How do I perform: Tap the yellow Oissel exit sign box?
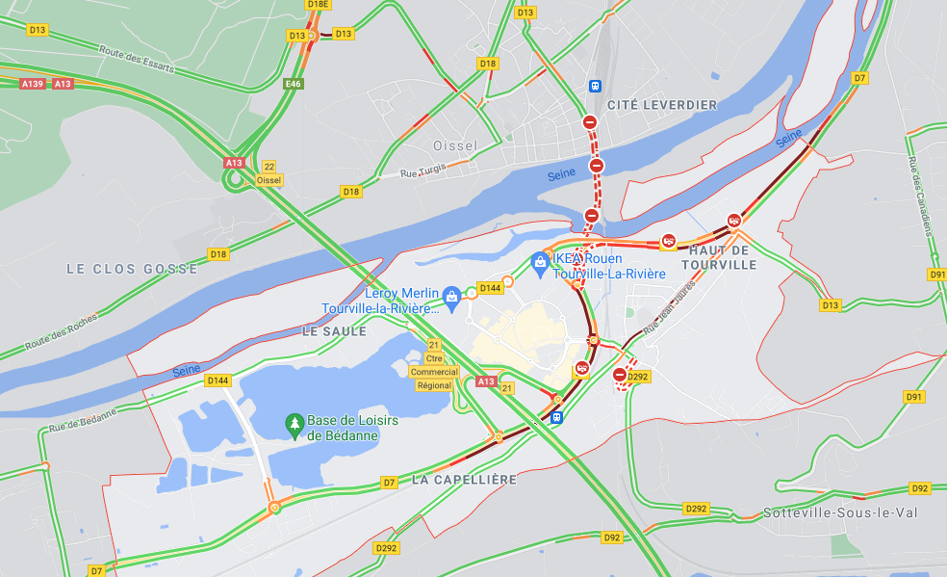point(269,180)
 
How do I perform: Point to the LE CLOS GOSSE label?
point(132,269)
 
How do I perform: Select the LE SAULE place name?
point(335,330)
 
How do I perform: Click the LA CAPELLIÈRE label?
point(464,479)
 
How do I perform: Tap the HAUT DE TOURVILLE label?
point(719,257)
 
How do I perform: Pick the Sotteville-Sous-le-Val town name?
point(840,512)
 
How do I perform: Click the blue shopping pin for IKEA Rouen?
point(540,261)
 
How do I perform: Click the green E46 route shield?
point(294,85)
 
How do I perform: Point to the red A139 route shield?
point(33,84)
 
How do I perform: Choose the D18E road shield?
point(319,4)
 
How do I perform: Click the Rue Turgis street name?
point(424,173)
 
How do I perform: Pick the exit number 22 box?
point(269,167)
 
